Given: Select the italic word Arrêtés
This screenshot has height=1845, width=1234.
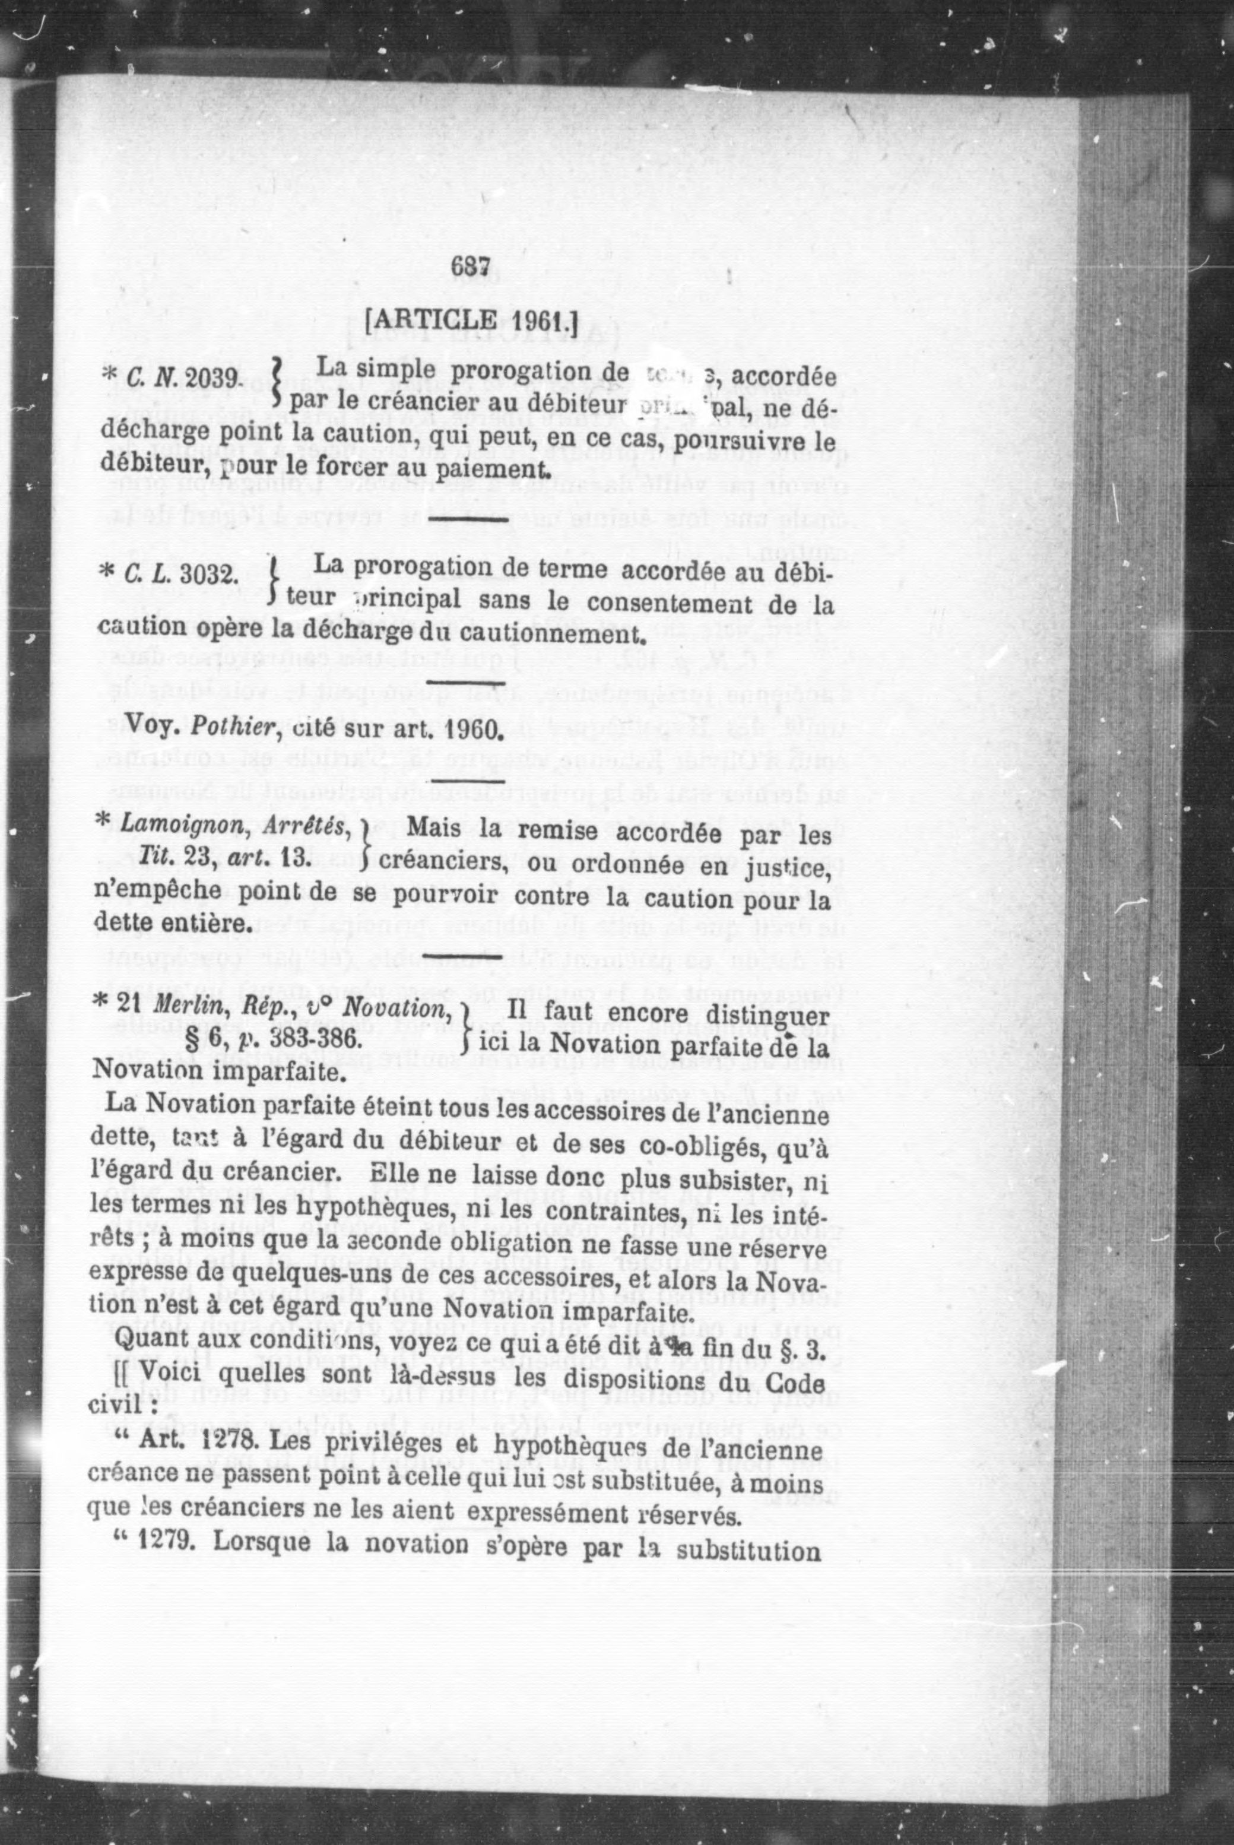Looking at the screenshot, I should (x=307, y=828).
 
